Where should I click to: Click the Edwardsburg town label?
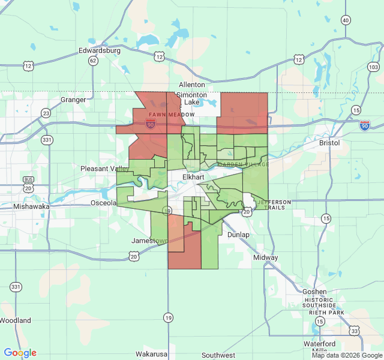click(100, 51)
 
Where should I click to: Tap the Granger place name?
click(73, 100)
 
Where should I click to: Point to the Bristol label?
click(329, 143)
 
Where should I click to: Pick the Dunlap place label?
click(238, 235)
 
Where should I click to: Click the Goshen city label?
click(314, 292)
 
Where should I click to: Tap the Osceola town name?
click(103, 203)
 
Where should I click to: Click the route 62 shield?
click(92, 61)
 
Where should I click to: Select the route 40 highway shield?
click(345, 20)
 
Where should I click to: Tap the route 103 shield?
click(373, 67)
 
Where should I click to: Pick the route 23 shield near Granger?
click(46, 113)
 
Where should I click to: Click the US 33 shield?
click(355, 331)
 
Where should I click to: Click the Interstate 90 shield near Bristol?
click(365, 125)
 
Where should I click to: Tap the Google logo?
click(20, 353)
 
